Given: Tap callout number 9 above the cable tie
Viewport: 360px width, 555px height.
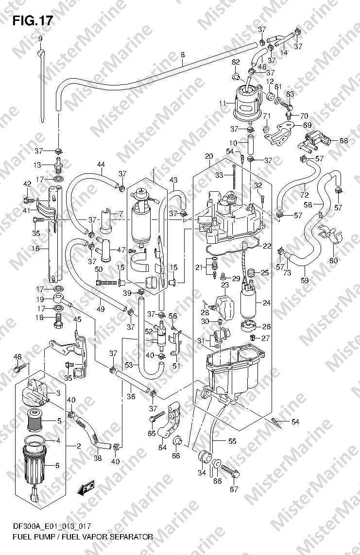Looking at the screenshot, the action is pos(40,38).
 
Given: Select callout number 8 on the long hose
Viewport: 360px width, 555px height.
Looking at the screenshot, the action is pos(182,55).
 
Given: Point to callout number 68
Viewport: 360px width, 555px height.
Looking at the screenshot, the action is pos(343,140).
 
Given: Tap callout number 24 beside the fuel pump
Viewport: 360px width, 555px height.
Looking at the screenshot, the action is pos(267,303).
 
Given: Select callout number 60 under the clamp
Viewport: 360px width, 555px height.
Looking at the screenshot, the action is pos(333,261).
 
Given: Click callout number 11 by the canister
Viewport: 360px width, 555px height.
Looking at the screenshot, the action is pos(223,103).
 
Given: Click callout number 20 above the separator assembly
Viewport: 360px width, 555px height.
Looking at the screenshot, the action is pos(209,156).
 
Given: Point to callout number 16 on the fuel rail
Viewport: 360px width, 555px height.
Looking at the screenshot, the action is pos(35,249).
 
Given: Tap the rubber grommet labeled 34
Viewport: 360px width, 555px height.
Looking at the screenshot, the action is pos(205,456).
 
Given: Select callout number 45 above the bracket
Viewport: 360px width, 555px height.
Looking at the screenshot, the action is pos(77,320).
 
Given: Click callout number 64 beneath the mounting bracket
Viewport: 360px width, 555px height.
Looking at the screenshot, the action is pos(162,448).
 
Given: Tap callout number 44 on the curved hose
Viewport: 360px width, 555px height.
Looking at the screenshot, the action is pos(101,164).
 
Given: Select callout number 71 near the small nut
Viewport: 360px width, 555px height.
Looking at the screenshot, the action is pos(267,116).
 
